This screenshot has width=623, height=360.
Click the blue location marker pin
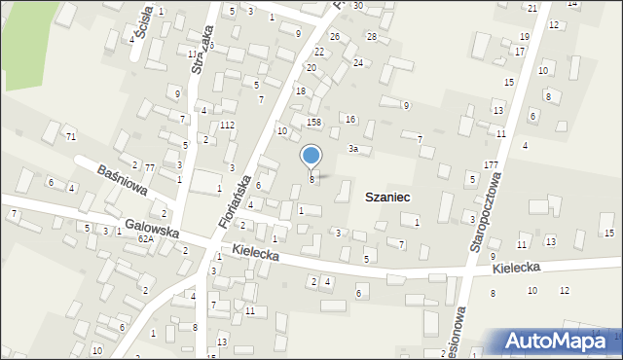[x=311, y=157]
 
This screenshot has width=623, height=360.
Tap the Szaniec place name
[x=386, y=197]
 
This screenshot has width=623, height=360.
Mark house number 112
[x=227, y=126]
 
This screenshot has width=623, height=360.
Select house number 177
[x=491, y=164]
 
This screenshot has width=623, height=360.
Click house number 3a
[x=354, y=149]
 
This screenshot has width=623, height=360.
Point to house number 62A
[x=145, y=238]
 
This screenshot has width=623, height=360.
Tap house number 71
[x=71, y=136]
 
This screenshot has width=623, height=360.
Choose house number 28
[x=371, y=36]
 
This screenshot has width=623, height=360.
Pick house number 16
[x=349, y=119]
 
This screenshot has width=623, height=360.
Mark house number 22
[x=318, y=51]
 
